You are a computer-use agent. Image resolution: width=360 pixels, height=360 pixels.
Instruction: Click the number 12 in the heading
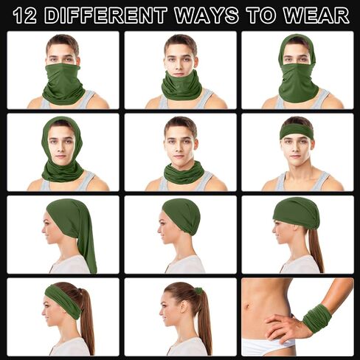click(x=25, y=15)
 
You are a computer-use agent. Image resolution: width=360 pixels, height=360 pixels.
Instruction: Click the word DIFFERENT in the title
click(x=106, y=15)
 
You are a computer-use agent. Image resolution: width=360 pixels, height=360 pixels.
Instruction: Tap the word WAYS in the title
click(x=207, y=15)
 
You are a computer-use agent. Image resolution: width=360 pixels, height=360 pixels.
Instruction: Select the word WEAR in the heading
click(x=316, y=15)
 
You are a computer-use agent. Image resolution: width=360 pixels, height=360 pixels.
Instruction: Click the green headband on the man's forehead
click(x=297, y=131)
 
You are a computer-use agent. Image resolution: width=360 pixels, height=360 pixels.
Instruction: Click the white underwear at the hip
click(x=266, y=346)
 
